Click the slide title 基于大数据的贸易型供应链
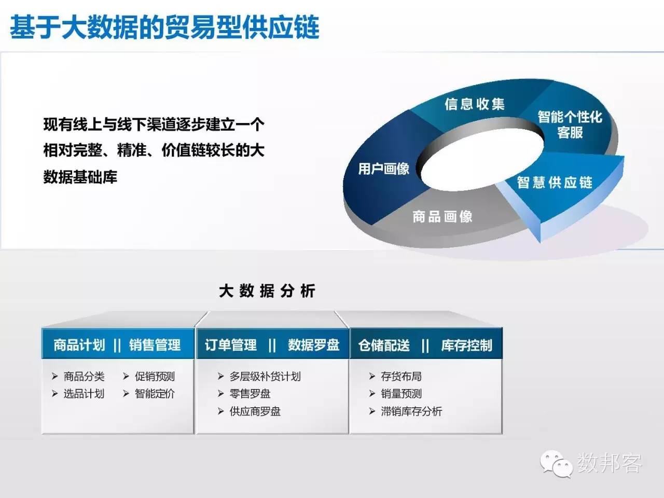point(164,27)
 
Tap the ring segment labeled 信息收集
point(474,104)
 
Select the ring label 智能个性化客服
point(570,125)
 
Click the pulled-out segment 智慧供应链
point(555,183)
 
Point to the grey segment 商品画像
point(442,216)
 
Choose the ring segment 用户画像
point(383,169)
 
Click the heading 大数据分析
point(267,291)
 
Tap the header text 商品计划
point(79,345)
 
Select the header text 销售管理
point(155,345)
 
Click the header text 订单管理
point(230,345)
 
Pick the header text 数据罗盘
point(313,345)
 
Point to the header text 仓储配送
point(384,345)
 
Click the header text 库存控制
point(466,345)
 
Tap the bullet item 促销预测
point(155,376)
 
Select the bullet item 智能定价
point(155,394)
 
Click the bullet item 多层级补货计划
point(265,376)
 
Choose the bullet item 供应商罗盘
point(255,411)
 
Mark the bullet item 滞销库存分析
point(411,411)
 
